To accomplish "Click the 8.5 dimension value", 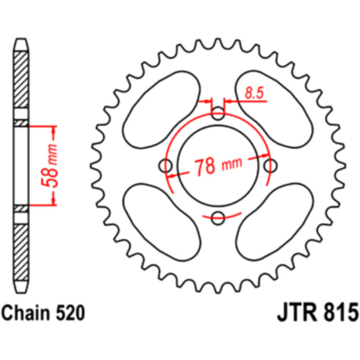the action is pyautogui.click(x=254, y=93).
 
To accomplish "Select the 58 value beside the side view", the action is pyautogui.click(x=49, y=175).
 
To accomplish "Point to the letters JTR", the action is pyautogui.click(x=296, y=312).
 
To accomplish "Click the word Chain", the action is pyautogui.click(x=26, y=313).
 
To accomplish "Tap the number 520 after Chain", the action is pyautogui.click(x=70, y=313).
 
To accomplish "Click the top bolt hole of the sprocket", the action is pyautogui.click(x=218, y=113).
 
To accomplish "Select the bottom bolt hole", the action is pyautogui.click(x=218, y=218).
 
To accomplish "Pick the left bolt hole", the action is pyautogui.click(x=166, y=166).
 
